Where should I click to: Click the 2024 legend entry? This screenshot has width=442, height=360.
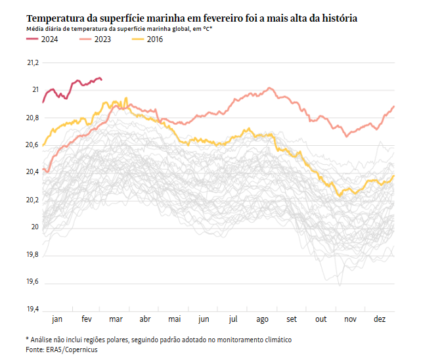pyautogui.click(x=41, y=39)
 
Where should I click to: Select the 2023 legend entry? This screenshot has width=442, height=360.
pyautogui.click(x=95, y=39)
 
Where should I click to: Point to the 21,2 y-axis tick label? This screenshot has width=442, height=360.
pyautogui.click(x=32, y=62)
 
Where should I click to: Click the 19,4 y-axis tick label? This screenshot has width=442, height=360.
pyautogui.click(x=32, y=309)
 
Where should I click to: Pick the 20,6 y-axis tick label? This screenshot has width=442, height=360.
pyautogui.click(x=32, y=145)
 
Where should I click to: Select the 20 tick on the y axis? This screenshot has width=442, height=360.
pyautogui.click(x=35, y=227)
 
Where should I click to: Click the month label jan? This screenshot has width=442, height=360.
pyautogui.click(x=57, y=319)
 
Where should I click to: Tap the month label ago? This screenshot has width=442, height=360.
pyautogui.click(x=262, y=319)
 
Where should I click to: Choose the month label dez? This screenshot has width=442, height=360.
pyautogui.click(x=380, y=319)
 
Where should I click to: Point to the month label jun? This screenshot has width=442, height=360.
pyautogui.click(x=204, y=319)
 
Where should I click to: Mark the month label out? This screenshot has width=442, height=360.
pyautogui.click(x=321, y=319)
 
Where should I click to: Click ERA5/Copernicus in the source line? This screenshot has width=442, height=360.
pyautogui.click(x=70, y=350)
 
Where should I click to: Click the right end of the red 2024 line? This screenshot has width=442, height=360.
pyautogui.click(x=101, y=79)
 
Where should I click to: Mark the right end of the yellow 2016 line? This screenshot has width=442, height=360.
pyautogui.click(x=393, y=176)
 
